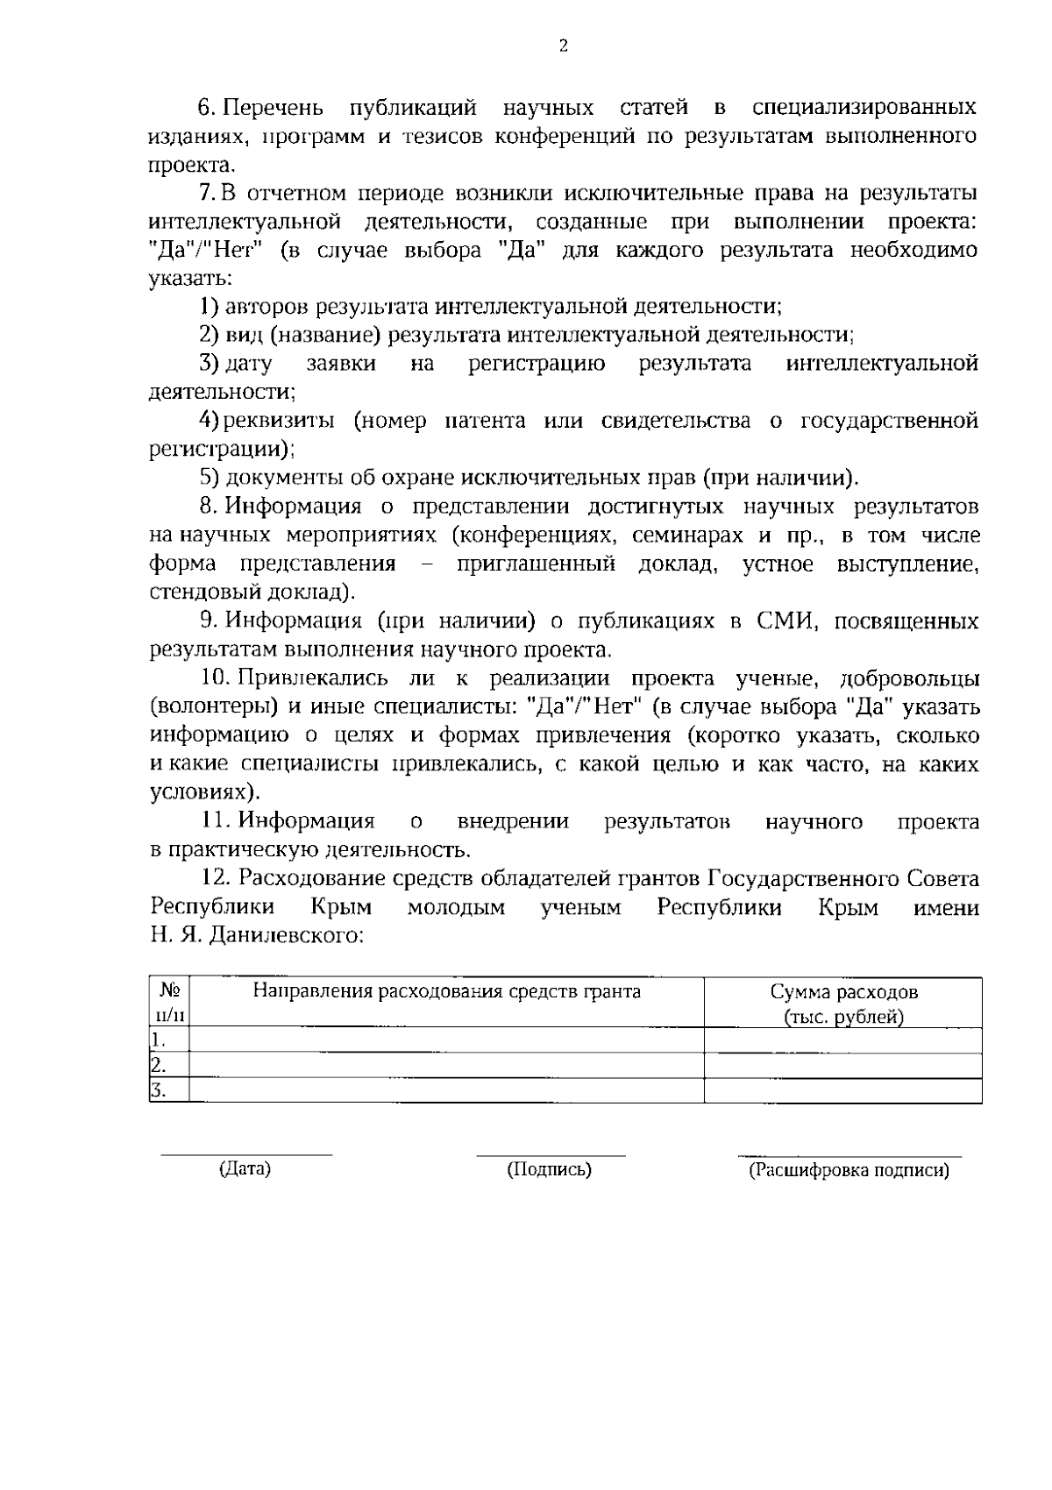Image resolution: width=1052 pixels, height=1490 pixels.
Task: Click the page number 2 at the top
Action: click(563, 46)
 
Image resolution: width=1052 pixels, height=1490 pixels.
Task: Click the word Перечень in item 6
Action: click(274, 108)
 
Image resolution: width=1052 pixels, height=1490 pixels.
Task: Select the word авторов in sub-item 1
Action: click(267, 307)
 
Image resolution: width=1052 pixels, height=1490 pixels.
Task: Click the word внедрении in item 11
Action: click(513, 822)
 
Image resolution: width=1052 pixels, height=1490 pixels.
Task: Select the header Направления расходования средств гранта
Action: click(446, 992)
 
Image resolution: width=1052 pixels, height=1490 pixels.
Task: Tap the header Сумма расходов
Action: click(843, 992)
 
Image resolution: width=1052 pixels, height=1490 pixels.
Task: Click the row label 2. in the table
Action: click(159, 1066)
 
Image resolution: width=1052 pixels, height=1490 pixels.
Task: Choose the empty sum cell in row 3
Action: click(842, 1091)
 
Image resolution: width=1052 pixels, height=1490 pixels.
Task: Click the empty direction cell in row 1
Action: click(446, 1040)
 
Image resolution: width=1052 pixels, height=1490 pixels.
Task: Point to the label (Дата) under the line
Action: click(245, 1169)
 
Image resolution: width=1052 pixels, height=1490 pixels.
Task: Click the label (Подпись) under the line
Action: click(549, 1170)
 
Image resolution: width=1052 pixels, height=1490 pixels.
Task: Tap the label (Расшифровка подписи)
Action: click(848, 1171)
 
